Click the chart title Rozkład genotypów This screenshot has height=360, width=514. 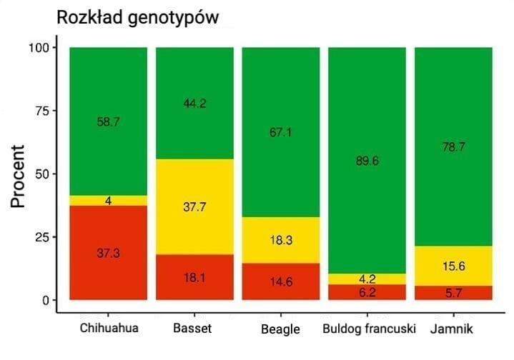click(x=137, y=17)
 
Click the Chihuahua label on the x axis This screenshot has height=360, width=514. click(x=109, y=329)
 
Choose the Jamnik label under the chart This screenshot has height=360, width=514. click(x=452, y=329)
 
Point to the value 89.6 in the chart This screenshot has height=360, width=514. click(x=367, y=161)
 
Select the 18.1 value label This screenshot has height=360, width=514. click(x=194, y=277)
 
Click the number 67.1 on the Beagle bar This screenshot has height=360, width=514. click(x=281, y=131)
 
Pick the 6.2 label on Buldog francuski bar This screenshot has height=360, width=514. click(x=367, y=292)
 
